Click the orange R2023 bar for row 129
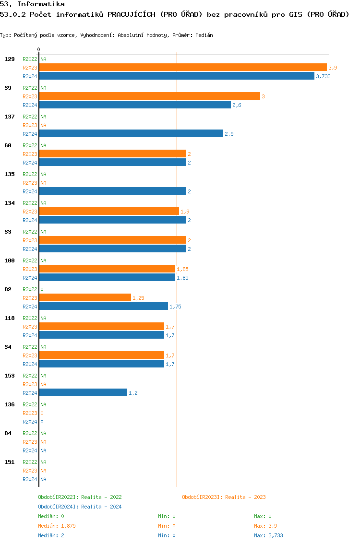tap(182, 68)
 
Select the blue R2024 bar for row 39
tap(135, 105)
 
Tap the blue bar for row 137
tap(131, 134)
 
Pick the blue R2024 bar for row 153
tap(83, 393)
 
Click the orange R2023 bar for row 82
tap(85, 298)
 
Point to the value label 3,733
tap(323, 76)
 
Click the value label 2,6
tap(237, 105)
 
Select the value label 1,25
tap(138, 298)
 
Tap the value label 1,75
tap(175, 307)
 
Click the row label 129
tap(10, 59)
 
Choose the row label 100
tap(10, 260)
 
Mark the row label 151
tap(10, 462)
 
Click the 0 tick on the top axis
tap(39, 49)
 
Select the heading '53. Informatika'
tap(32, 4)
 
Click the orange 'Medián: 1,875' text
tap(57, 526)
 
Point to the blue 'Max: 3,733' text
tap(272, 535)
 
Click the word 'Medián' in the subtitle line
tap(204, 35)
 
